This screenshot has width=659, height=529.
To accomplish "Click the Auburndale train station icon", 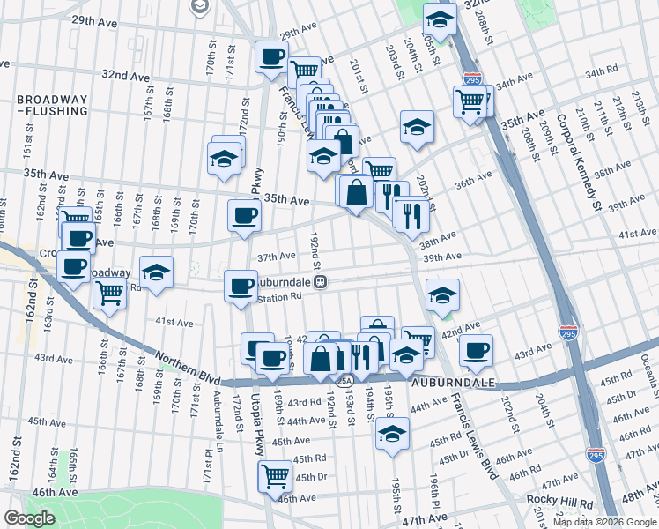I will click(x=322, y=282).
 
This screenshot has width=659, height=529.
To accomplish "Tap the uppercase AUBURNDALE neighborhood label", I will click(x=451, y=384).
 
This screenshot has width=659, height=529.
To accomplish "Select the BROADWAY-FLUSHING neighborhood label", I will click(x=54, y=105).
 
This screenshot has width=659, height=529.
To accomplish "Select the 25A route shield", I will click(x=344, y=381).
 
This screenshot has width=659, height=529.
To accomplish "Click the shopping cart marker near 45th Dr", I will click(x=275, y=475).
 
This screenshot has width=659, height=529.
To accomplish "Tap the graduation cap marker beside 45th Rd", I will click(x=392, y=434).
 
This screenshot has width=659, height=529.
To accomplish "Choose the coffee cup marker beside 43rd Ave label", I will click(x=476, y=349).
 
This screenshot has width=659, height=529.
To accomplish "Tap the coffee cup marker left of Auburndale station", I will click(x=241, y=285).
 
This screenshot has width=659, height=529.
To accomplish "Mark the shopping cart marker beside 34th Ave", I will click(x=470, y=101).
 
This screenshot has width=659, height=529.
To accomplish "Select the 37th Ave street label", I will click(x=276, y=256).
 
